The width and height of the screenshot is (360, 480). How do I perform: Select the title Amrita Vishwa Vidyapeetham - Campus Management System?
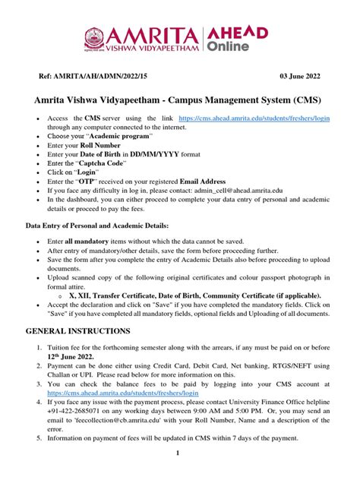coord(179,100)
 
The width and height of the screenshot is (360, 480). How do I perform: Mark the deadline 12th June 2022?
coord(72,356)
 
